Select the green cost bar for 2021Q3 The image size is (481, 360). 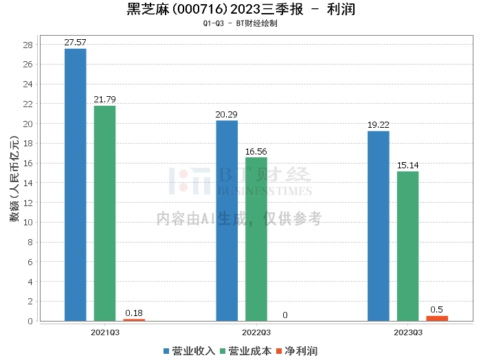tap(105, 213)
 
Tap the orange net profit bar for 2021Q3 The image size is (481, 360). tap(134, 319)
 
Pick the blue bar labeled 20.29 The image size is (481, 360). tap(227, 221)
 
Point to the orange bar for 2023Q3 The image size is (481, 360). tap(437, 318)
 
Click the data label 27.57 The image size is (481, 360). tap(76, 43)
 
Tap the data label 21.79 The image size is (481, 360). tap(105, 100)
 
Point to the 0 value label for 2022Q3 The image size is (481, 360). tap(285, 315)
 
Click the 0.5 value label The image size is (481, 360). tap(437, 310)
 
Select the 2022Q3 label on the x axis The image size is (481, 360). tap(256, 332)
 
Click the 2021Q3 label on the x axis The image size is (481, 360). tap(105, 332)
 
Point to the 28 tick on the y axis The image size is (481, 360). tap(29, 45)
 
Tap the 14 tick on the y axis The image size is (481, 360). tap(29, 183)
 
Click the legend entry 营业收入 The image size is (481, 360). tap(190, 350)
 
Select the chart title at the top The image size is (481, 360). tap(240, 10)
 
